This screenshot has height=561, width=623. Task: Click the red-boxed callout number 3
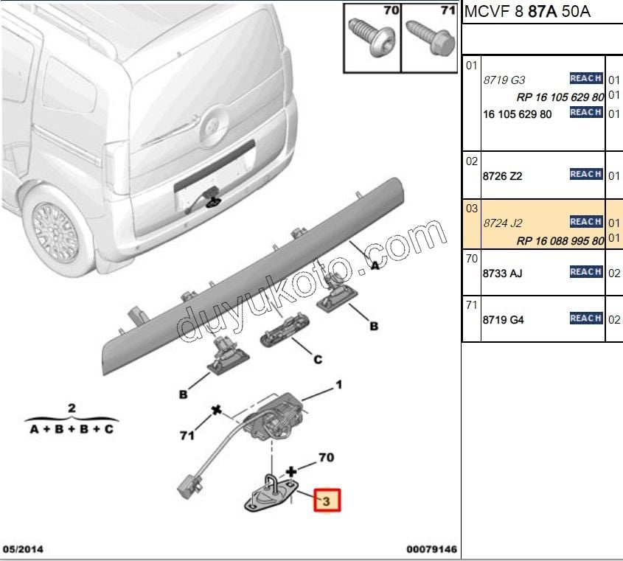pos(327,501)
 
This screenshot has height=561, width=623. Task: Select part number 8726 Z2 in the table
pos(503,177)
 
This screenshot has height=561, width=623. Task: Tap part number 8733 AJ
pos(502,273)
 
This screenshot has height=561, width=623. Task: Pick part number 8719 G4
pos(503,320)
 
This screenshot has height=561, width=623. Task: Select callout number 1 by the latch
pos(339,384)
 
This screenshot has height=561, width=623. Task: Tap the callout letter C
pos(318,360)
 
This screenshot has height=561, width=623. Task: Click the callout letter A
pos(375,267)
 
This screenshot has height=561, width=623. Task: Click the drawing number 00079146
pos(431,549)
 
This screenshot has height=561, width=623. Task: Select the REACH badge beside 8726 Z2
pos(586,175)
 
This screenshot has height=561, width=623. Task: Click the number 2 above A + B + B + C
pos(72,408)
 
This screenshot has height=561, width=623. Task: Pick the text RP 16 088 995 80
pos(560,240)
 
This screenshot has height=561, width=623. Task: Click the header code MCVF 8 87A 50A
pos(527,13)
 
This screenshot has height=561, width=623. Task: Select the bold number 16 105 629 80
pos(518,114)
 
